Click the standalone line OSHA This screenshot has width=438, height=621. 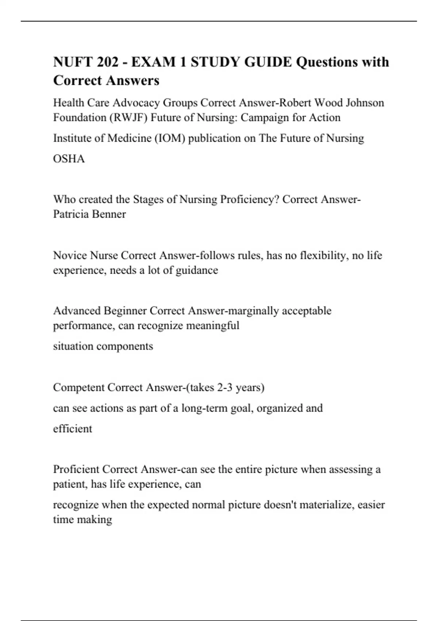click(x=69, y=159)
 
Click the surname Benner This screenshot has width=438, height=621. click(x=108, y=214)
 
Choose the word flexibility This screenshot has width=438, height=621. click(x=323, y=255)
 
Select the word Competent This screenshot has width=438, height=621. click(x=78, y=387)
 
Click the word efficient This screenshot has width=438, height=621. click(x=73, y=428)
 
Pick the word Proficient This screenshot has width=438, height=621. click(x=76, y=469)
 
